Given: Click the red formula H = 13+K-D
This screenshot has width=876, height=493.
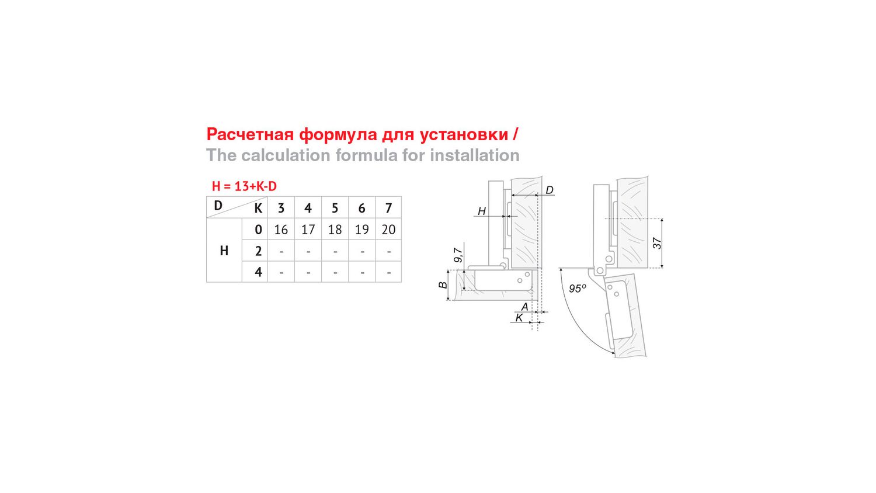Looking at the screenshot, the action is [x=244, y=186].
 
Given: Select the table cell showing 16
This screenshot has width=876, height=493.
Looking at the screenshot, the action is [x=281, y=230].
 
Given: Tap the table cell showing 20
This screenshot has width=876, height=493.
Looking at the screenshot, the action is [x=388, y=230].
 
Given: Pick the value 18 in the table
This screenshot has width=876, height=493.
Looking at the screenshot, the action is [x=335, y=230].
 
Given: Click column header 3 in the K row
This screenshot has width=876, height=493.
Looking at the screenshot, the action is [x=281, y=208].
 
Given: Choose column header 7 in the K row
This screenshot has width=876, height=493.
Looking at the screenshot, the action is [x=388, y=208].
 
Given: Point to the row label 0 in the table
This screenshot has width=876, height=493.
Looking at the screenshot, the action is [x=258, y=230].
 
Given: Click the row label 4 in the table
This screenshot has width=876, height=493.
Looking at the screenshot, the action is [x=258, y=272].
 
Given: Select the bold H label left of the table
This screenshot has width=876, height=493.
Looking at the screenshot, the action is [x=224, y=251].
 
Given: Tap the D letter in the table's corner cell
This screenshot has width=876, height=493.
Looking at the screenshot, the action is [x=218, y=205].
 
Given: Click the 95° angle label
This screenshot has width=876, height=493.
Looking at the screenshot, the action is [x=578, y=289].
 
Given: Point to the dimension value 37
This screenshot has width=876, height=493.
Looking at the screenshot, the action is [x=657, y=244].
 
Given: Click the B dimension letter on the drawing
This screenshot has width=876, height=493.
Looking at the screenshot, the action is [x=443, y=285].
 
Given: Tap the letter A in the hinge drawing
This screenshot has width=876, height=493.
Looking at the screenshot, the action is [x=525, y=307].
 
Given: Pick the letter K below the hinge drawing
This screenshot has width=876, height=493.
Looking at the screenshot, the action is [x=519, y=318].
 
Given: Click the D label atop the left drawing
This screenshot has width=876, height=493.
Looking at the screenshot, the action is [x=550, y=190].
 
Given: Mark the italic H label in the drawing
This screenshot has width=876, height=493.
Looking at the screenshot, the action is [x=482, y=211].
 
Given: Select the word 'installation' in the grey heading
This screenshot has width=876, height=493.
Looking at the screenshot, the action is [x=475, y=155].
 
